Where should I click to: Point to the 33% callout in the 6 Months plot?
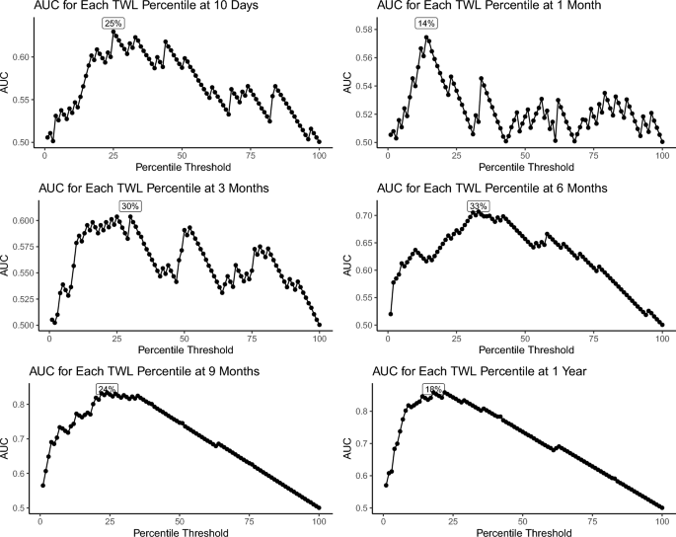[x=479, y=206]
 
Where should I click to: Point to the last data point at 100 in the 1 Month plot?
[x=661, y=142]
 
